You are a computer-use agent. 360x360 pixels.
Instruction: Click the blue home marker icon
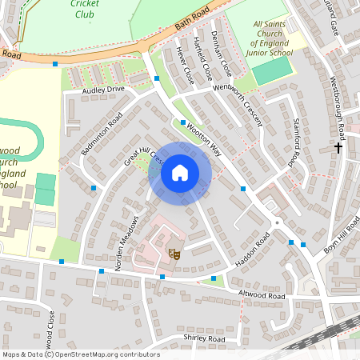click(179, 173)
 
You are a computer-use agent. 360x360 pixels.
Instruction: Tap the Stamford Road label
click(294, 142)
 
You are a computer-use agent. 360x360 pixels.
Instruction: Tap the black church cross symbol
click(338, 147)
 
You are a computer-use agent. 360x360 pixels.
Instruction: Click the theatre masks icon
click(173, 254)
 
